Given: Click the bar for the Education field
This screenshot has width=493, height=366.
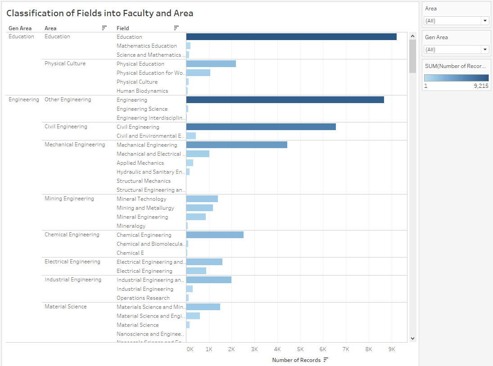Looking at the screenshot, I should coord(291,37).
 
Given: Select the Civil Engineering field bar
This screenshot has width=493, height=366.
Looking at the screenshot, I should coord(261,127).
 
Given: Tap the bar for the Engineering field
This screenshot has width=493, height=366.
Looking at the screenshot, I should coord(285,100).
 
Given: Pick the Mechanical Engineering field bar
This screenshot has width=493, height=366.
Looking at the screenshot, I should coord(236,145).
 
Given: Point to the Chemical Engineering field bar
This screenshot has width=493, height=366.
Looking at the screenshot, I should coord(215,235).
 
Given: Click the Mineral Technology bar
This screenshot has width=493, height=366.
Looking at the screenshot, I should coord(202,199).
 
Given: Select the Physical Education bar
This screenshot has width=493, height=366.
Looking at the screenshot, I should coord(211,64).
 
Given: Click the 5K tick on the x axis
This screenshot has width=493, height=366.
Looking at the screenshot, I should coord(300,349).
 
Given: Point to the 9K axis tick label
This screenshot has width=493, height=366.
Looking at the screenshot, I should coord(392,349).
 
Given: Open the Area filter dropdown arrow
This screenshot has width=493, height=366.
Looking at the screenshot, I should coord(485,21).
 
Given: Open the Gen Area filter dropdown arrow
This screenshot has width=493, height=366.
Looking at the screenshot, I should coord(485,50).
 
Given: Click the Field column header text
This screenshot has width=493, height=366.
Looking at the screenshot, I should coord(122,28).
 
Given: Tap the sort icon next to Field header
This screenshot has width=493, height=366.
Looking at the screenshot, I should coord(176,28).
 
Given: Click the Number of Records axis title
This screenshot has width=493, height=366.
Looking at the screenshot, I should coord(296,360).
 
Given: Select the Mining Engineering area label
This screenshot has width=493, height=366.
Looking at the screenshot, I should coord(69,199).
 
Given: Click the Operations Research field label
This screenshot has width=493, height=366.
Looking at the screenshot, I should coord(143,298).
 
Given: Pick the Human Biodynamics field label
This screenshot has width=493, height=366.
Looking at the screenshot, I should coord(142,91).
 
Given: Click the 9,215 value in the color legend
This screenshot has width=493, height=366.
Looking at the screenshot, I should coord(481,86).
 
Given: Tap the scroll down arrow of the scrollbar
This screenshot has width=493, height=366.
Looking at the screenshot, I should coord(412,338).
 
